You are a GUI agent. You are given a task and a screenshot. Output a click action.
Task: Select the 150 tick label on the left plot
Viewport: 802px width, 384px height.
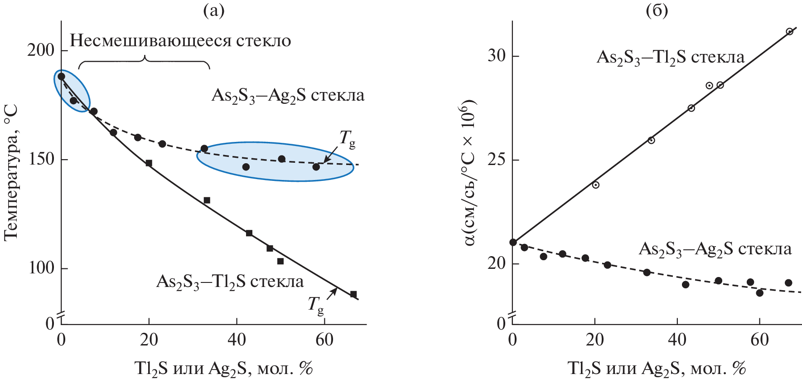[x=41, y=159]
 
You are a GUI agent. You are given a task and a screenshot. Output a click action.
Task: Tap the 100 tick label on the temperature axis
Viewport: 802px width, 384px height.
[x=41, y=267]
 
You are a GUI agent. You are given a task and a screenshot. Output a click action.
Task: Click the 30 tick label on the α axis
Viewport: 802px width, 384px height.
[x=497, y=56]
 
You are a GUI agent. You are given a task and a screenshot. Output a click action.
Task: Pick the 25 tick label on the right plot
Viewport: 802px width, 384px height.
[x=497, y=160]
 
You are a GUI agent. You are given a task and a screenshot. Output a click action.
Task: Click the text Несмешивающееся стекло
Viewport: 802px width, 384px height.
[x=180, y=41]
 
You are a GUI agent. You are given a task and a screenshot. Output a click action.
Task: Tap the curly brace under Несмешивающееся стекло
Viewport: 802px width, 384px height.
[x=144, y=62]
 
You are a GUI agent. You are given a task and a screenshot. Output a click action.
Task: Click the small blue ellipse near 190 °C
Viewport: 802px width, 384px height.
[x=72, y=91]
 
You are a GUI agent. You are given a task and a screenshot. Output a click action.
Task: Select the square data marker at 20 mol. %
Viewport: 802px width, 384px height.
[x=149, y=163]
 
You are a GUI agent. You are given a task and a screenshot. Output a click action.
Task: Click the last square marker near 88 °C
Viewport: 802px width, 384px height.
[x=353, y=294]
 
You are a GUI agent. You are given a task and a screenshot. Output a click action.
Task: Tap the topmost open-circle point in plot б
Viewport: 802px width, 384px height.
[x=789, y=31]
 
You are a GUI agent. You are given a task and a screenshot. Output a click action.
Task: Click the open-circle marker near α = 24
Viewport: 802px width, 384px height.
[x=595, y=185]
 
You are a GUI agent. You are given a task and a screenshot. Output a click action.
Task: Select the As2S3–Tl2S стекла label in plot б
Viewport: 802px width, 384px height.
[x=670, y=57]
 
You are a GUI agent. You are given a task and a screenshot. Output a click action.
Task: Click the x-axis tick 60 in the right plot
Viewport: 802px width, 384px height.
[x=759, y=340]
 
